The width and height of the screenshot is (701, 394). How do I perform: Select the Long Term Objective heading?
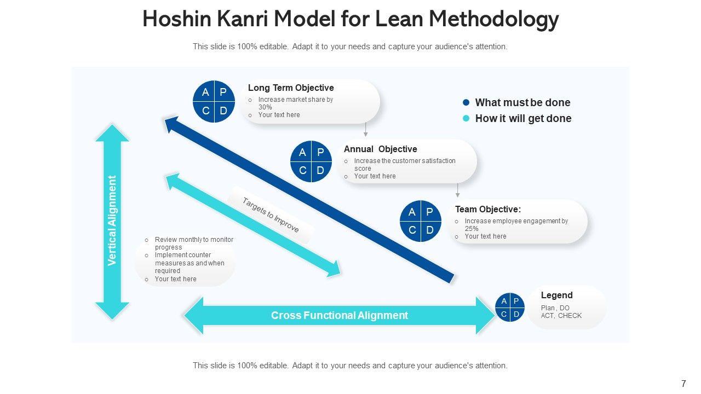click(291, 88)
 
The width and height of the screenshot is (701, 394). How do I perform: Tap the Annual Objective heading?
click(380, 149)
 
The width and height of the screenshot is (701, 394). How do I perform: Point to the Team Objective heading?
click(487, 209)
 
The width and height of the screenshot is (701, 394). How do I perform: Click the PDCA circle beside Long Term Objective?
click(214, 101)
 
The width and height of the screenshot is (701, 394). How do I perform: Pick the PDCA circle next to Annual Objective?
click(311, 161)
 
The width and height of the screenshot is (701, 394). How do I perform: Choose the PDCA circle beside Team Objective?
click(421, 221)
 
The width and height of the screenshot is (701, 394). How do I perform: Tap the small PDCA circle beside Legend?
click(510, 307)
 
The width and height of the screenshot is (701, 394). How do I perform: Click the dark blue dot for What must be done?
click(467, 102)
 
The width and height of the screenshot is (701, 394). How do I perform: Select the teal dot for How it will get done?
click(467, 118)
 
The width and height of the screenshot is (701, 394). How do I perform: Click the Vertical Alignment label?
click(112, 221)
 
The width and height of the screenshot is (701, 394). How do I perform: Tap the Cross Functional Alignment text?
click(340, 315)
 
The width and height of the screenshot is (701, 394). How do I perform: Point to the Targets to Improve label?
click(271, 215)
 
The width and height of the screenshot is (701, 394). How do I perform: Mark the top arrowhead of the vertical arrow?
click(112, 132)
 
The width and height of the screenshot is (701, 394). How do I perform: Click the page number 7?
click(683, 384)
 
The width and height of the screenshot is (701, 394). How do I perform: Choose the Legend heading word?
click(556, 295)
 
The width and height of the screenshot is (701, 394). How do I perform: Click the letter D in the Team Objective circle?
click(429, 230)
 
